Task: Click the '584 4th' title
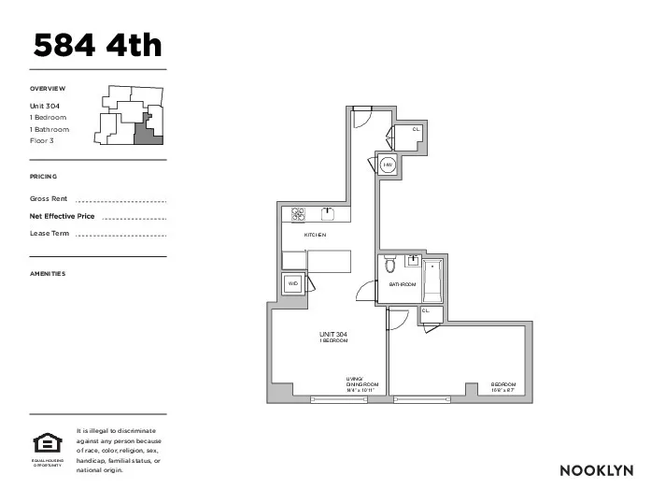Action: pos(98,44)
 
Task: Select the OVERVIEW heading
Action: pos(48,89)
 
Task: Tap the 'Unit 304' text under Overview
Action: pos(45,106)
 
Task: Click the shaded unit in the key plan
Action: pos(147,133)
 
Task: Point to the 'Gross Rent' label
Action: pos(50,199)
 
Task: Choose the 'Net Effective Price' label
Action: pos(63,216)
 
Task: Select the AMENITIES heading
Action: pos(48,274)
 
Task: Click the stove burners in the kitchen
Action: pos(299,213)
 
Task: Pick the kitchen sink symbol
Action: pos(328,212)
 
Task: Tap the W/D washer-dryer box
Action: pos(293,283)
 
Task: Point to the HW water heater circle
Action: pos(388,165)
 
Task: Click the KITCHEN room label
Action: pos(315,235)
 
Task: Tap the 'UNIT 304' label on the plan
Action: pos(333,334)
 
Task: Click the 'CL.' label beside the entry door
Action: pos(417,128)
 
